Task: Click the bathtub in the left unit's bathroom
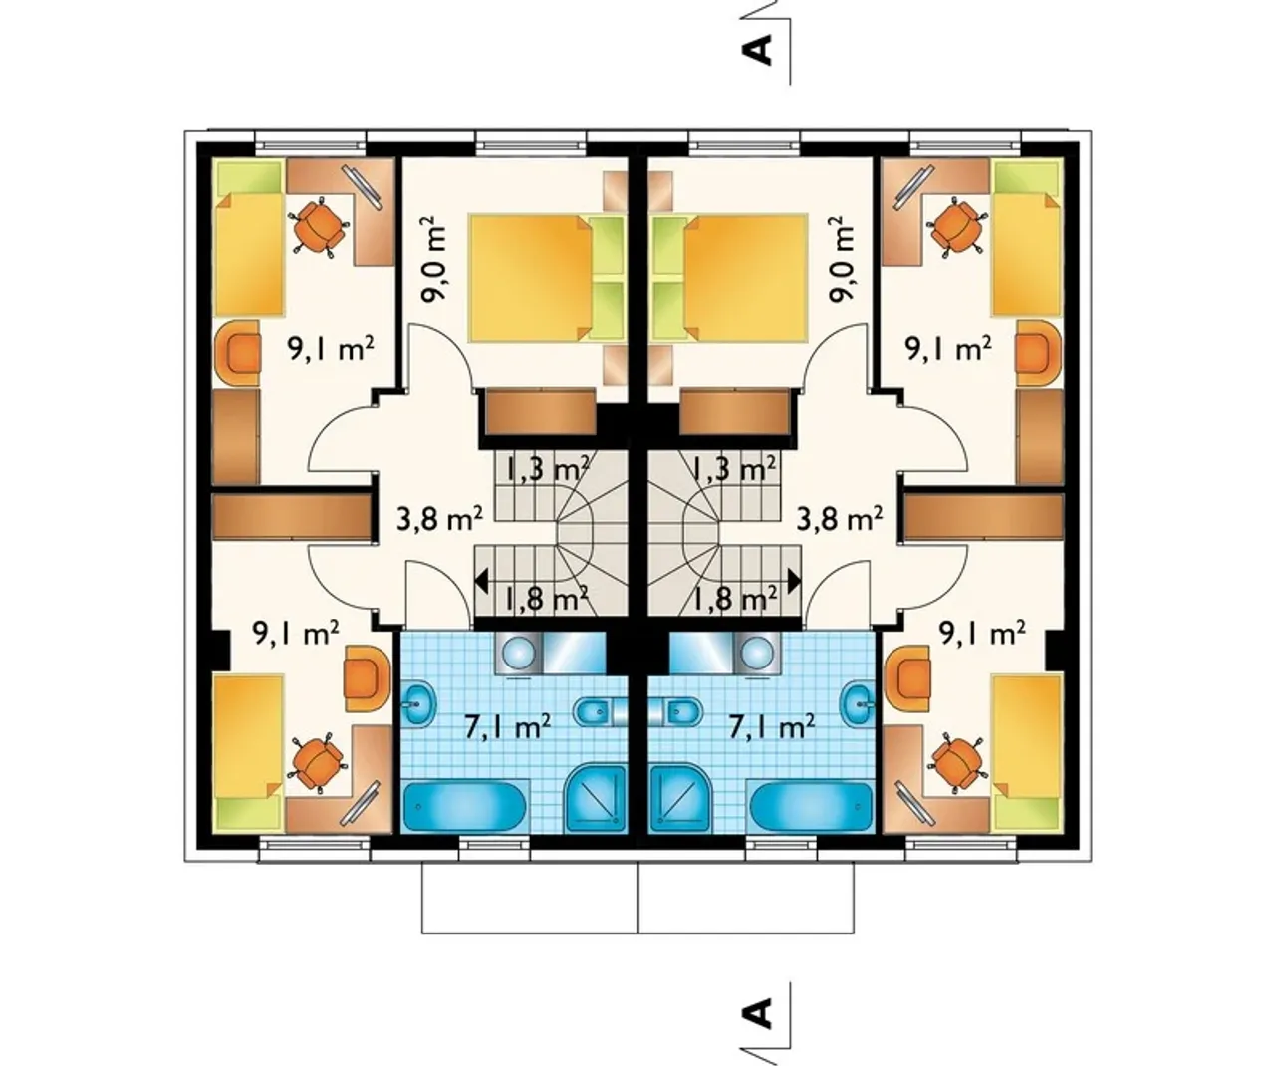pyautogui.click(x=465, y=806)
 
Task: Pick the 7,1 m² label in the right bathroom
pyautogui.click(x=771, y=727)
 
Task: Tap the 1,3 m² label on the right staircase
pyautogui.click(x=733, y=470)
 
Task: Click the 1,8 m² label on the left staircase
pyautogui.click(x=547, y=600)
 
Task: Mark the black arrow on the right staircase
pyautogui.click(x=795, y=581)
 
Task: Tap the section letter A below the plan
pyautogui.click(x=758, y=1014)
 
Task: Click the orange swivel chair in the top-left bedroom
pyautogui.click(x=318, y=226)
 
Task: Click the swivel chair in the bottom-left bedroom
pyautogui.click(x=318, y=762)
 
